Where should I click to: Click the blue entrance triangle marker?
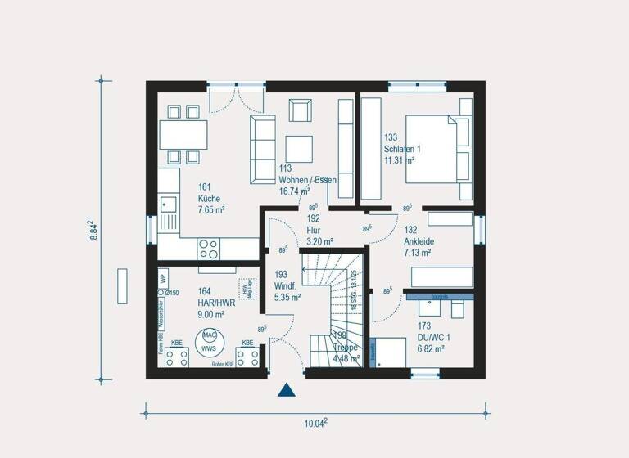pos(286,389)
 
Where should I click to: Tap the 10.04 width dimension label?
pos(314,423)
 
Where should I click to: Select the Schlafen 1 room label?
pos(401,149)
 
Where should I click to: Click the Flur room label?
pos(319,231)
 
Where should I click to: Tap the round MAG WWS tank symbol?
pos(209,340)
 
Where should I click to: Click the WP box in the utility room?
pos(163,276)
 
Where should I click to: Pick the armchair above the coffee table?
pos(300,110)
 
